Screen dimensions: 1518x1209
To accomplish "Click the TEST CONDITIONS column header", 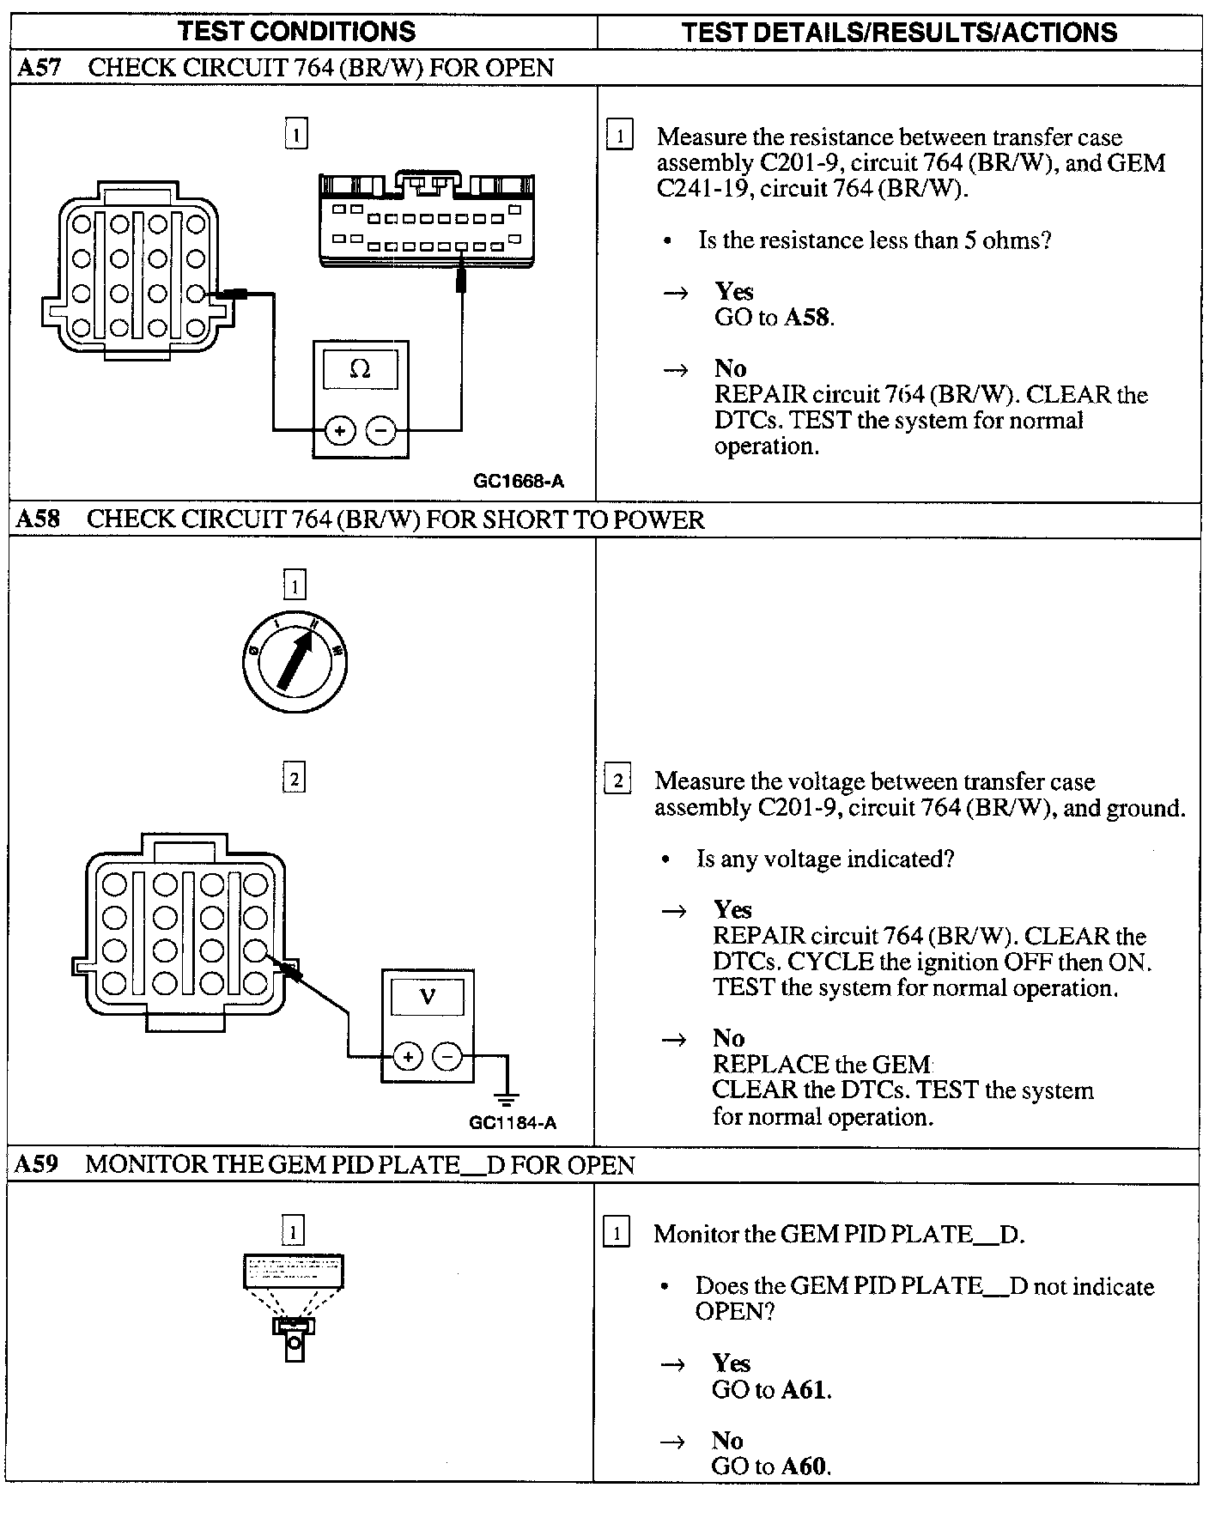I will pyautogui.click(x=296, y=32).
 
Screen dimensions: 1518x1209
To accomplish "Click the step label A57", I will pyautogui.click(x=39, y=68).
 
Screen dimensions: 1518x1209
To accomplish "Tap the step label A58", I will pyautogui.click(x=39, y=519).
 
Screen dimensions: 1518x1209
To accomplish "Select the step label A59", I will pyautogui.click(x=37, y=1165).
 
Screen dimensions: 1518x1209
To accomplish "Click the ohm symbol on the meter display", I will pyautogui.click(x=361, y=369).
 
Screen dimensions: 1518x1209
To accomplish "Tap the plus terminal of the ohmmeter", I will pyautogui.click(x=340, y=430).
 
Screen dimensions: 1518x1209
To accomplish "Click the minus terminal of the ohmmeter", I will pyautogui.click(x=381, y=430).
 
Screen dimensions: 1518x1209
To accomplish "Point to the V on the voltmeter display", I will pyautogui.click(x=428, y=997).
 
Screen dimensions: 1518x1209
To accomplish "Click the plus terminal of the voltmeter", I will pyautogui.click(x=407, y=1056).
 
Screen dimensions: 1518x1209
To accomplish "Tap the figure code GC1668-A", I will pyautogui.click(x=519, y=482).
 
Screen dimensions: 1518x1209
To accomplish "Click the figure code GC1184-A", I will pyautogui.click(x=513, y=1123).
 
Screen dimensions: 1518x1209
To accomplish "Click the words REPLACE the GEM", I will pyautogui.click(x=822, y=1065).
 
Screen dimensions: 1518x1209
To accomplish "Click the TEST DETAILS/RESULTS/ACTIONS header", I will pyautogui.click(x=899, y=33).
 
